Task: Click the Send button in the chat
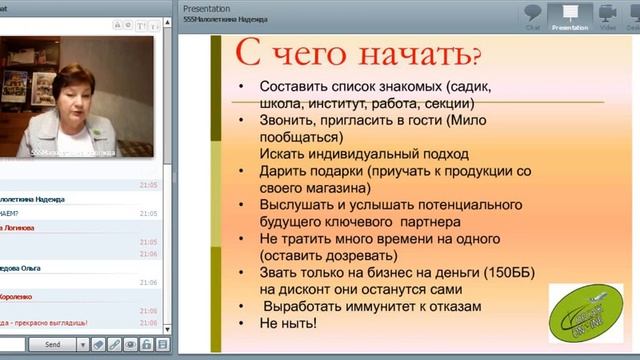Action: [53, 344]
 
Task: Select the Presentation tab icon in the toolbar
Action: [570, 16]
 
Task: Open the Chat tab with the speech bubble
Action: [533, 16]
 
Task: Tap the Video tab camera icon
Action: [608, 16]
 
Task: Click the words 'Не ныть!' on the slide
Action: [288, 324]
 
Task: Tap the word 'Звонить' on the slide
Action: [287, 117]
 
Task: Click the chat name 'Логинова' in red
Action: [20, 228]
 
